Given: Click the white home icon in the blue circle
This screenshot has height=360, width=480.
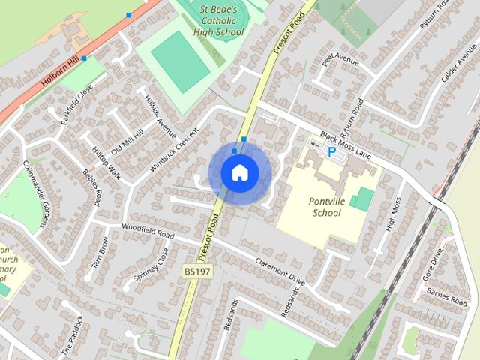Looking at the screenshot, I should pos(239,173).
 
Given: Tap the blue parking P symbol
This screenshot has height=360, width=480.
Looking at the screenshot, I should pos(331,151).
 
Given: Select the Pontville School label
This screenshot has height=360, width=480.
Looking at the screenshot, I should pos(324,207).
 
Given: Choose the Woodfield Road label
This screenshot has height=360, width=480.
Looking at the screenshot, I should pos(148,233).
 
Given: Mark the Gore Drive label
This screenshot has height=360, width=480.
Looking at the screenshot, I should pos(433,265).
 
